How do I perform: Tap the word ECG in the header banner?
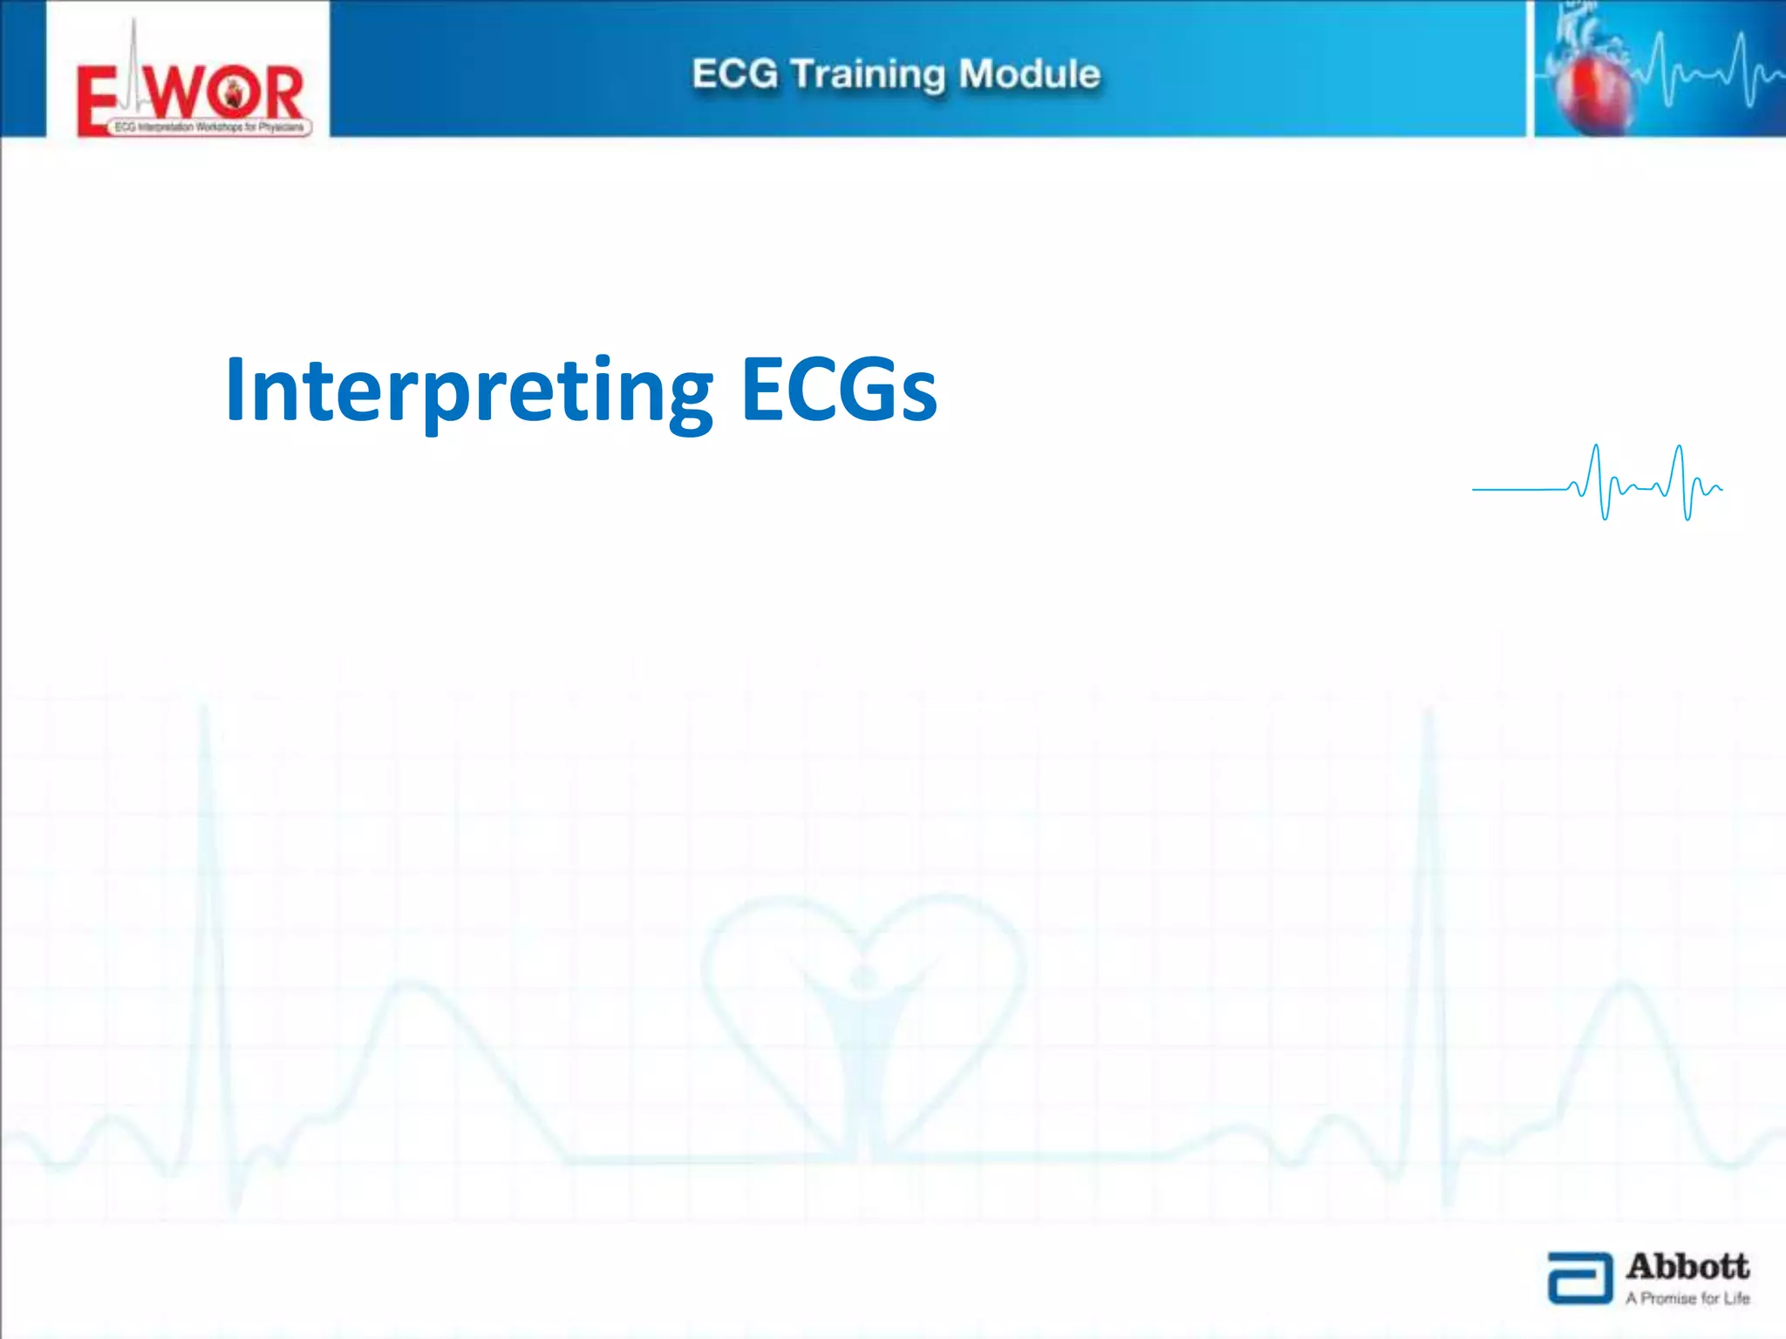click(734, 74)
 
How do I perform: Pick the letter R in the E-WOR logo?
click(281, 93)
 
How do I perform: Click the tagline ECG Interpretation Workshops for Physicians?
click(209, 127)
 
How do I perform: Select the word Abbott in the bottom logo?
click(1687, 1266)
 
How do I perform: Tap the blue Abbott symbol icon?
click(1579, 1278)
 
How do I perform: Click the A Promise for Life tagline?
click(1687, 1298)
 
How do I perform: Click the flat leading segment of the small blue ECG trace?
click(1517, 490)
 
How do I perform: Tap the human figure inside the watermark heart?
click(863, 1029)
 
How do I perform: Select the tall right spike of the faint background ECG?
click(1428, 872)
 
